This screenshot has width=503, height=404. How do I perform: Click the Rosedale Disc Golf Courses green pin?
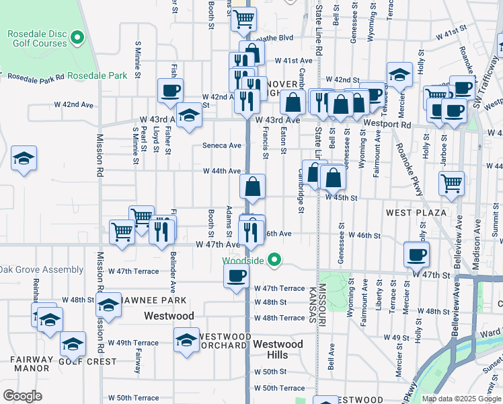pyautogui.click(x=78, y=38)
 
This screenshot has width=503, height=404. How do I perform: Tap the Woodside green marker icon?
pyautogui.click(x=274, y=259)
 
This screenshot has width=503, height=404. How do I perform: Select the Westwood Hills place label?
pyautogui.click(x=278, y=349)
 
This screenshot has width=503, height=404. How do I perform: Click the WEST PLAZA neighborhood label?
pyautogui.click(x=416, y=213)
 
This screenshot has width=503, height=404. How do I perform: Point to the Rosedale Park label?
pyautogui.click(x=98, y=76)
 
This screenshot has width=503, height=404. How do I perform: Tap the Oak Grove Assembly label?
pyautogui.click(x=42, y=270)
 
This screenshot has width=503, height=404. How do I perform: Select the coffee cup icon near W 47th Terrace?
pyautogui.click(x=236, y=275)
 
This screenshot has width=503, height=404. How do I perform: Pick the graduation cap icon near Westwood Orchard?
pyautogui.click(x=186, y=339)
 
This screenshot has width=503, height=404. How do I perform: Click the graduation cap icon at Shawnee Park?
pyautogui.click(x=108, y=305)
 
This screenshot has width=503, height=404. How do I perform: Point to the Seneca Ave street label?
pyautogui.click(x=221, y=145)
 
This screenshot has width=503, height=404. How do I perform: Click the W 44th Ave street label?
pyautogui.click(x=222, y=171)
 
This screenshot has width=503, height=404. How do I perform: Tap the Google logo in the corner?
pyautogui.click(x=22, y=396)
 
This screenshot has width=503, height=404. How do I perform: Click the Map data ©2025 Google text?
pyautogui.click(x=461, y=399)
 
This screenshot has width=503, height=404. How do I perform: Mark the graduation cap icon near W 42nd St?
pyautogui.click(x=399, y=75)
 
